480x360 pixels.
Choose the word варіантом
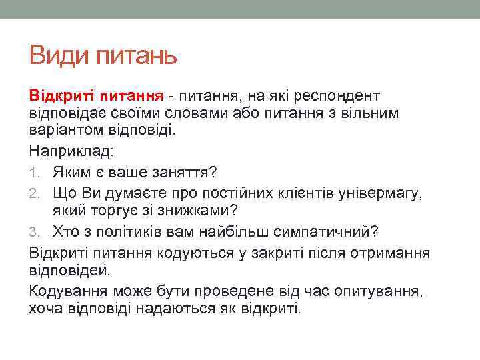point(67,129)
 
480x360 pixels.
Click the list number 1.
point(33,173)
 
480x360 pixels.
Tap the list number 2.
point(34,193)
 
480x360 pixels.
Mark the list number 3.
point(34,232)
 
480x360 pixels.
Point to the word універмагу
point(384,193)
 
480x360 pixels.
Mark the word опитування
point(386,291)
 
